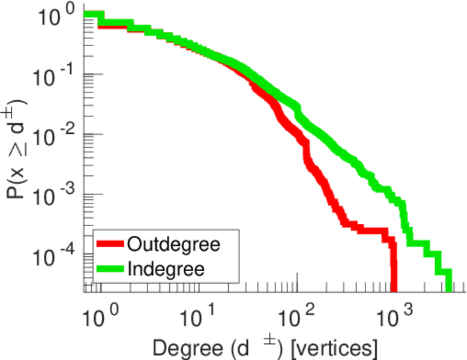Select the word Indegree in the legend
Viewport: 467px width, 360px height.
pyautogui.click(x=166, y=269)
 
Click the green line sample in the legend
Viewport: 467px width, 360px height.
pyautogui.click(x=110, y=268)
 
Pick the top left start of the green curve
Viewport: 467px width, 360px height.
pyautogui.click(x=90, y=16)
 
